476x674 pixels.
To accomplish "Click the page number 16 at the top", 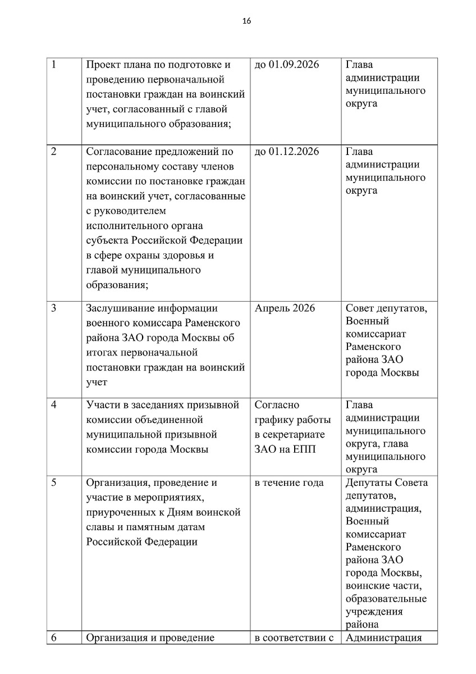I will click(x=246, y=21).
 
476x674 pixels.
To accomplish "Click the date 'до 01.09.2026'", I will click(x=286, y=65).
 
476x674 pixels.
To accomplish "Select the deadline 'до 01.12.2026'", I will click(x=286, y=152).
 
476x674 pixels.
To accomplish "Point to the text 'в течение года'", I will click(x=289, y=482).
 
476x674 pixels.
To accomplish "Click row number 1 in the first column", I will click(x=53, y=65).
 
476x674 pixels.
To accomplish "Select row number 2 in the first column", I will click(x=53, y=152).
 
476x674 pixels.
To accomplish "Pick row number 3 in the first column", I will click(x=53, y=308).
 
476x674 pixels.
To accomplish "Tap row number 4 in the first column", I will click(x=53, y=405).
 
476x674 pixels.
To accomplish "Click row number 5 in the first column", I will click(x=53, y=482).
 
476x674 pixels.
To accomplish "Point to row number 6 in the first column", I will click(x=53, y=637).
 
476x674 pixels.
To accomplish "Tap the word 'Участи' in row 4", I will click(x=102, y=405).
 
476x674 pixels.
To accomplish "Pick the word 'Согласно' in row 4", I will click(x=277, y=405).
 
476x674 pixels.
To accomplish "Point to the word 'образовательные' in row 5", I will click(x=386, y=598).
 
